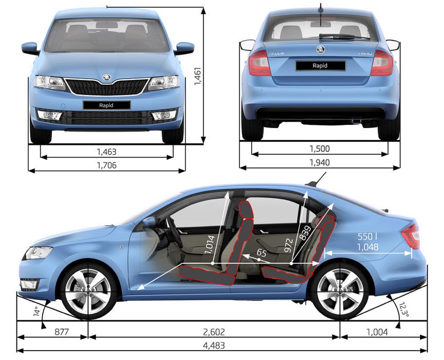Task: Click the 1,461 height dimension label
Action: point(197,78)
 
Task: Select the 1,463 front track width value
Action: point(107,152)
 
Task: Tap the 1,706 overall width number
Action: point(107,165)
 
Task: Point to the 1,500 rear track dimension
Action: point(319,149)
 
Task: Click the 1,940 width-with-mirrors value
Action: point(319,163)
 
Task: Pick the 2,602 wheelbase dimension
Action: point(214,332)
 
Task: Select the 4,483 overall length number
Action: point(222,346)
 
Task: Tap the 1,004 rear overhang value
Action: point(377,332)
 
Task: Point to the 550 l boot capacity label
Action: point(368,237)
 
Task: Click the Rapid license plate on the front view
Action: point(107,105)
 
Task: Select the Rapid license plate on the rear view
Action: point(320,65)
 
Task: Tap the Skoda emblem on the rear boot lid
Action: point(320,49)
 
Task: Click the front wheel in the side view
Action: point(89,291)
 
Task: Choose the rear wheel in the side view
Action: point(340,291)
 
